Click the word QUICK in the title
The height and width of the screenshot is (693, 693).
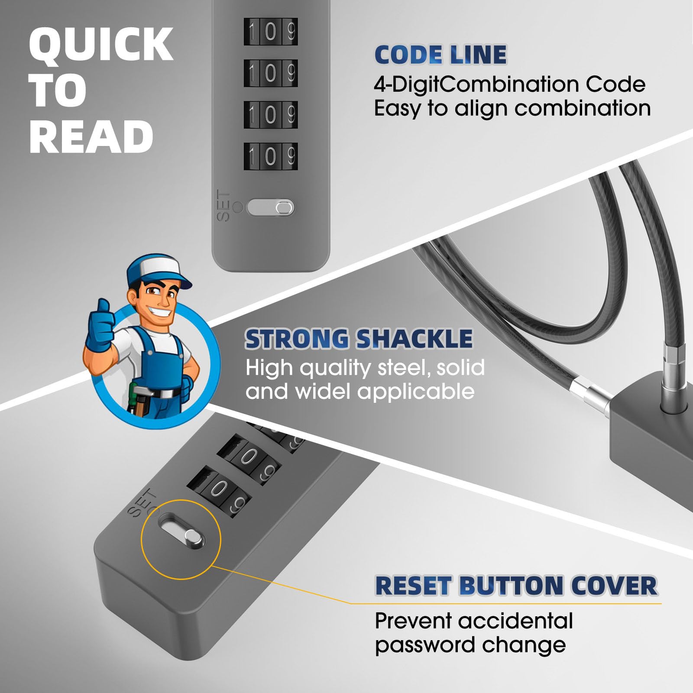pos(101,45)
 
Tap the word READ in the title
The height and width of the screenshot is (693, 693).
pos(91,137)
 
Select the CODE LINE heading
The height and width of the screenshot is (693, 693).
pos(440,55)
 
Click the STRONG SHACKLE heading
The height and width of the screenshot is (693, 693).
pos(359,339)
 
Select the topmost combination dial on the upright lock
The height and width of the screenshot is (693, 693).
pos(271,31)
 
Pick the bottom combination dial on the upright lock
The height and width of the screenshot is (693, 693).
pos(271,155)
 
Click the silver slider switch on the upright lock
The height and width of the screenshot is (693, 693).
pos(271,207)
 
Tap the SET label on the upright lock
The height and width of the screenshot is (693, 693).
pos(223,206)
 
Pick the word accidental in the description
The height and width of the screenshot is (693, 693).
pos(515,621)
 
